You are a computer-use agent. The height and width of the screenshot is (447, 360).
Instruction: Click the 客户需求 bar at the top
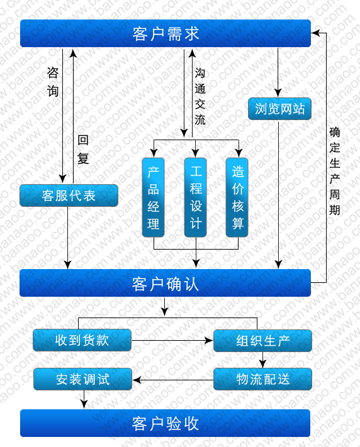pos(166,33)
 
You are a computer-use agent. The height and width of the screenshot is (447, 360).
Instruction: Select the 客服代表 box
pos(69,196)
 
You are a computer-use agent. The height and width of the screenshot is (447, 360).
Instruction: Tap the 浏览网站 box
pos(279,109)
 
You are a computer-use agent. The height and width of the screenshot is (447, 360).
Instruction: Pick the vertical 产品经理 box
pos(154,197)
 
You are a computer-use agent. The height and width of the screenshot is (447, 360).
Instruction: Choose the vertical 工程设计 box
pos(196,197)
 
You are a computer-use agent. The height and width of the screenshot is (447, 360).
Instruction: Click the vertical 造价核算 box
pos(237,197)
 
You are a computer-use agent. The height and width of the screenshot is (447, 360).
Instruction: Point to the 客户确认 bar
pos(165,283)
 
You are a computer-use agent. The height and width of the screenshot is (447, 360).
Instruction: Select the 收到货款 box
pos(82,340)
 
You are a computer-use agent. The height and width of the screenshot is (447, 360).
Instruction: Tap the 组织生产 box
pos(262,341)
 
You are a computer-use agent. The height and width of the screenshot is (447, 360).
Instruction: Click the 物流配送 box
pos(262,379)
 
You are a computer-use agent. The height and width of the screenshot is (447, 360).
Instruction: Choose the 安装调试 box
pos(83,379)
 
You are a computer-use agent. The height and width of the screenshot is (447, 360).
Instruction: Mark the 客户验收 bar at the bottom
pos(165,423)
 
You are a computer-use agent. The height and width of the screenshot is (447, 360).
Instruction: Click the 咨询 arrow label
pos(53,82)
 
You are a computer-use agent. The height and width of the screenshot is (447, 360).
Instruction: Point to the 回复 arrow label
pos(83,150)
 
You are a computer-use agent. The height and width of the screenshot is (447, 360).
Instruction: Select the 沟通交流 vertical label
pos(200,96)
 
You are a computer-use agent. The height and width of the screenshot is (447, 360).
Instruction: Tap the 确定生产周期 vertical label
pos(335,171)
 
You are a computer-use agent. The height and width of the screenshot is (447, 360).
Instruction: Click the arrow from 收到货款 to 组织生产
pos(172,340)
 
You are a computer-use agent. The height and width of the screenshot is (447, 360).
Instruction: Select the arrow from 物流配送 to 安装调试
pos(172,380)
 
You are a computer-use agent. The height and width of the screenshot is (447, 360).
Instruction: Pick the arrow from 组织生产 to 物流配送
pos(262,360)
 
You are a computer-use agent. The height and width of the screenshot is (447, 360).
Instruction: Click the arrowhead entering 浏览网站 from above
pos(278,93)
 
